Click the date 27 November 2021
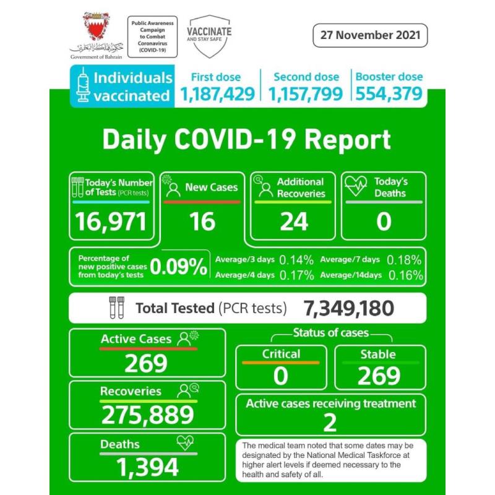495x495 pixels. [370, 35]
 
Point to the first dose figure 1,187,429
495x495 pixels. [217, 94]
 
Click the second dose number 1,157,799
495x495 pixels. [306, 94]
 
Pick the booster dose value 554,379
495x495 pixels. [389, 94]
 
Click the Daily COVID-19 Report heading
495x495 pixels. [246, 140]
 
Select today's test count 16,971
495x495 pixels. [111, 221]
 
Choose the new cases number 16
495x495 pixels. [202, 221]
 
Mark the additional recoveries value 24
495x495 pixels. [293, 221]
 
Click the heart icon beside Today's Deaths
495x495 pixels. [356, 186]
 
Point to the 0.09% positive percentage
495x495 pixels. [179, 266]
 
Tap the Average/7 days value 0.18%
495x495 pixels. [404, 260]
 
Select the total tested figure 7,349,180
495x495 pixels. [348, 308]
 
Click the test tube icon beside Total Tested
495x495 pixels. [116, 308]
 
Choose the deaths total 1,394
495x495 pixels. [146, 467]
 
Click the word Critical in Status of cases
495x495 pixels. [281, 354]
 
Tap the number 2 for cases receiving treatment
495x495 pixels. [330, 423]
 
